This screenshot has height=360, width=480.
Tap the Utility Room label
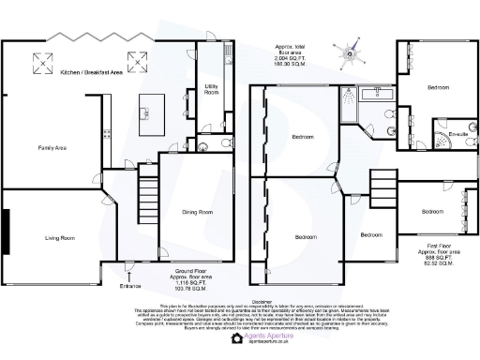click(x=211, y=91)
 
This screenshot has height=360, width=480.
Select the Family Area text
click(x=51, y=148)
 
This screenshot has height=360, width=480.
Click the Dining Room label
click(x=197, y=213)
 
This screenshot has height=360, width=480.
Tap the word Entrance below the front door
click(x=130, y=285)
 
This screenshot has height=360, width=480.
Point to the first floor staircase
click(x=382, y=180)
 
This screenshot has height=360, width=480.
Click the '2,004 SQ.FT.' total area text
click(x=291, y=55)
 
